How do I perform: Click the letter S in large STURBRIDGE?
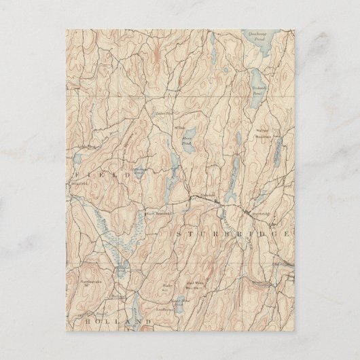pyautogui.click(x=180, y=233)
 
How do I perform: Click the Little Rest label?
pyautogui.click(x=86, y=146)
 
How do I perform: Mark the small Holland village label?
pyautogui.click(x=118, y=296)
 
